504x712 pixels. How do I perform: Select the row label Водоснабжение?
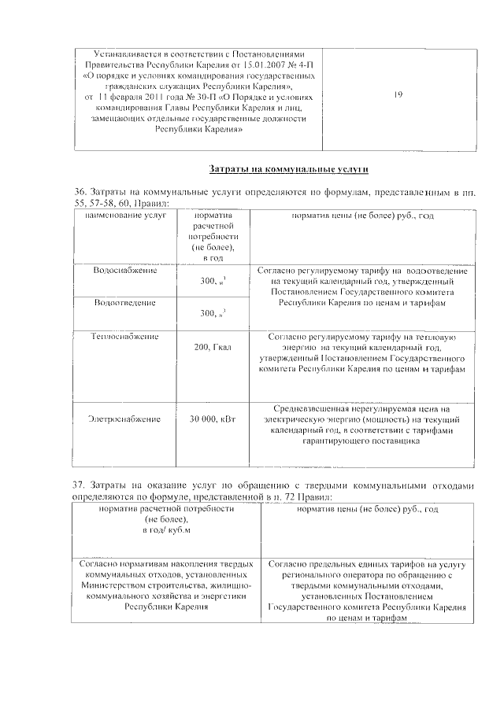click(x=124, y=270)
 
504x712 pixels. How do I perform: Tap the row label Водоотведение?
click(x=124, y=302)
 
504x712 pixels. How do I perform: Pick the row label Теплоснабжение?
click(x=124, y=336)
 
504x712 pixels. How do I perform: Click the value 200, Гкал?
click(x=213, y=346)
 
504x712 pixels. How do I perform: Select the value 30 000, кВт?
click(x=213, y=419)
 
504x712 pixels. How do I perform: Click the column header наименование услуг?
click(x=122, y=215)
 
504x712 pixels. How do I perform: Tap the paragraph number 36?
click(x=78, y=192)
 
